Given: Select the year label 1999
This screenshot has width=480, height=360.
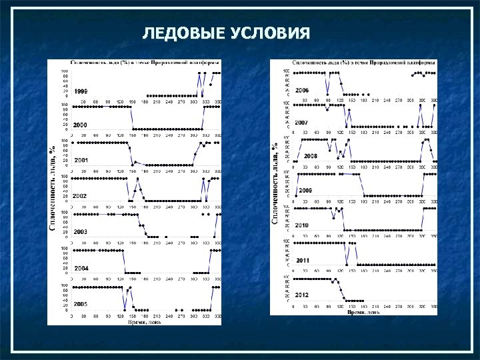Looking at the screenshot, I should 81,91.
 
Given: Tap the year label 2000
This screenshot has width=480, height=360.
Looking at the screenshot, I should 81,125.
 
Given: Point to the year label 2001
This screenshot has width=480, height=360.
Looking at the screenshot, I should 81,161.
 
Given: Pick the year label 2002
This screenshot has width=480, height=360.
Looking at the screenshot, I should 81,196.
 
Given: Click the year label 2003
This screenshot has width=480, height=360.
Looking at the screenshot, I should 81,231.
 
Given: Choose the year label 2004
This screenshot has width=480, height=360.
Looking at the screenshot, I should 81,268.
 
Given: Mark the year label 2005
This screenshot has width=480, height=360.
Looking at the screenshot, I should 81,304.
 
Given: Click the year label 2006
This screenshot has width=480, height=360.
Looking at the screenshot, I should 302,90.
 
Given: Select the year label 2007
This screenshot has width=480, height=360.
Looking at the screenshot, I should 301,123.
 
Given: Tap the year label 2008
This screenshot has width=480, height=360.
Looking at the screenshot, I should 310,155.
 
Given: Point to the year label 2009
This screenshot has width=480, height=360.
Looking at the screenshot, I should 305,191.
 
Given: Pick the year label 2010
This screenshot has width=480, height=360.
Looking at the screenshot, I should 302,225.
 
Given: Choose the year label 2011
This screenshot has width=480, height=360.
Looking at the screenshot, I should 303,260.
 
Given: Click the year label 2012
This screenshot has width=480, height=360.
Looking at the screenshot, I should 302,295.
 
